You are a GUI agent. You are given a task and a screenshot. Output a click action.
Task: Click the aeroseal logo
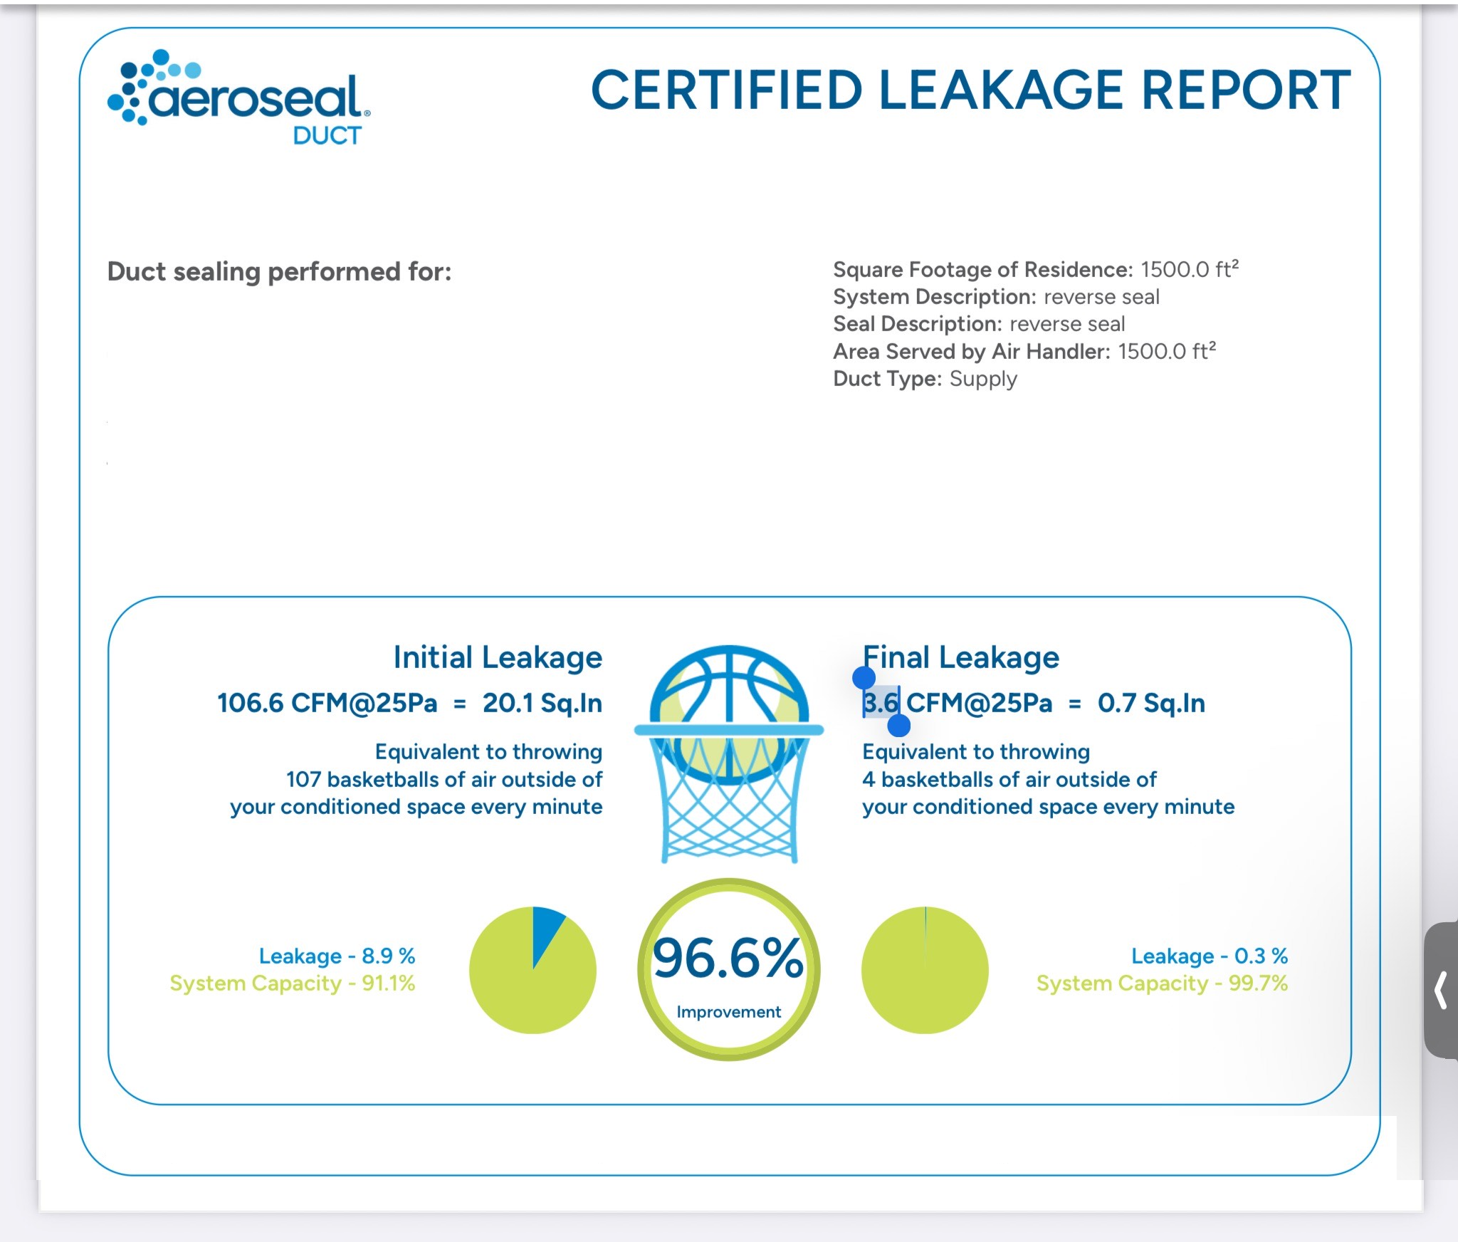tap(239, 97)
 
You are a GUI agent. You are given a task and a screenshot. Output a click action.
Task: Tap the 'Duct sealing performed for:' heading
tap(279, 271)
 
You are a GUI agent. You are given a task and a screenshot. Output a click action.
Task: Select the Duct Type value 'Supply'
tap(983, 379)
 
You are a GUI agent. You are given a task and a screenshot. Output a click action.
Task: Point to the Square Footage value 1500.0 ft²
tap(1189, 269)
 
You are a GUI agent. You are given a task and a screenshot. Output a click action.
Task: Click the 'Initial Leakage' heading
tap(498, 657)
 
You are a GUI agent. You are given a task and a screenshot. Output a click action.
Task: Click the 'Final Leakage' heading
tap(960, 657)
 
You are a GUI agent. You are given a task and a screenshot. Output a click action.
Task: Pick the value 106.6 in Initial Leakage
tap(251, 703)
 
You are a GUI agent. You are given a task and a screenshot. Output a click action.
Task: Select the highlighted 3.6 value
tap(881, 703)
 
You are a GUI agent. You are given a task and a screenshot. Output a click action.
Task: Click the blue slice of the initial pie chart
tap(546, 929)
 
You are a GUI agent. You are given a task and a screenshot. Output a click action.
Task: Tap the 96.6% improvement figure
tap(728, 958)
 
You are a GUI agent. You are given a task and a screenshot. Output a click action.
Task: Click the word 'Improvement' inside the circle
tap(728, 1012)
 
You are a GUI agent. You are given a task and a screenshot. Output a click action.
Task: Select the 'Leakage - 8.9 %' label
tap(337, 956)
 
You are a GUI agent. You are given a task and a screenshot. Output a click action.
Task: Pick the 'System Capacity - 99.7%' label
tap(1162, 983)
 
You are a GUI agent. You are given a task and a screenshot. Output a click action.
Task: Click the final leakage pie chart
tap(925, 970)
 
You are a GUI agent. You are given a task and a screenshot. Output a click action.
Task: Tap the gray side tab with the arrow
tap(1441, 990)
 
